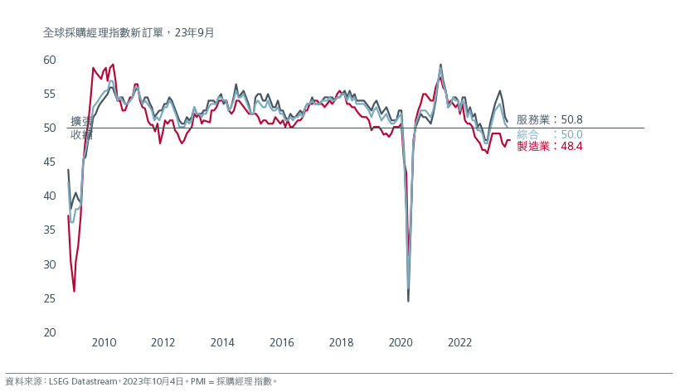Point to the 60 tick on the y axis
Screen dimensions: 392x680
coord(49,60)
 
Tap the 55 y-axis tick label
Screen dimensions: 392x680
coord(49,94)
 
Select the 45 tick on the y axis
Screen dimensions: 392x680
coord(49,162)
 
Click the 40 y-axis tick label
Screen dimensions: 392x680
coord(49,196)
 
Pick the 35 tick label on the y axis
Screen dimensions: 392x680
coord(49,230)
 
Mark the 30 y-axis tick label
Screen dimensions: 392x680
coord(49,264)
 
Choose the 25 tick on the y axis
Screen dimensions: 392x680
coord(49,298)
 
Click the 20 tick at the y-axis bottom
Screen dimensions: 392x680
coord(49,332)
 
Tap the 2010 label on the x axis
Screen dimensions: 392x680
coord(104,342)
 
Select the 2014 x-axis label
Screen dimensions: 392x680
coord(222,342)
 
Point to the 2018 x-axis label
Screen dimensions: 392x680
coord(341,342)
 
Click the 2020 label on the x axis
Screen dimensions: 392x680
coord(401,342)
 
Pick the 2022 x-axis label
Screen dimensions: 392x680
coord(460,342)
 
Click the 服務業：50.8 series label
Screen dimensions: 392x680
coord(549,120)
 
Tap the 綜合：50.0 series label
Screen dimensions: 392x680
coord(549,134)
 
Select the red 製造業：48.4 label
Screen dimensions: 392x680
coord(549,147)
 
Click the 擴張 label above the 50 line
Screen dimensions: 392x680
coord(81,121)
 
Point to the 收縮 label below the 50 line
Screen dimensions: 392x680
coord(81,133)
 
